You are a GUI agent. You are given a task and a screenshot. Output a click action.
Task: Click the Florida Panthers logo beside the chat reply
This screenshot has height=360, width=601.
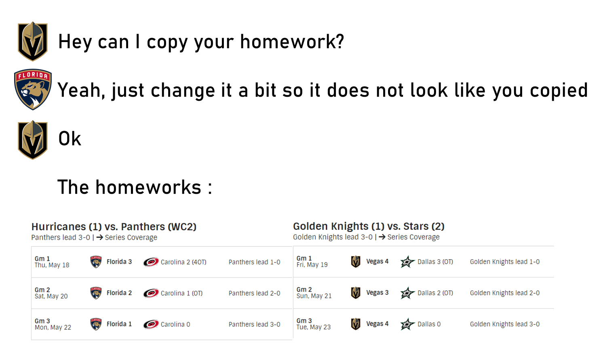(x=33, y=89)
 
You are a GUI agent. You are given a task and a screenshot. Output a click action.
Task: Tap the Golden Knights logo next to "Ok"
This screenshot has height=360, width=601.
(x=33, y=140)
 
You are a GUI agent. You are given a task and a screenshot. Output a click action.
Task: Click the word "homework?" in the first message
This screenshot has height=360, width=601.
(x=292, y=42)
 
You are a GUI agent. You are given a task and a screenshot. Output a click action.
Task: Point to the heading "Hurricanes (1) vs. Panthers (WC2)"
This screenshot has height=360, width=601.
(x=114, y=227)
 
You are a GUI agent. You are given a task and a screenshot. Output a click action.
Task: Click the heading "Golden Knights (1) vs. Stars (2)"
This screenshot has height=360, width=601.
(x=369, y=226)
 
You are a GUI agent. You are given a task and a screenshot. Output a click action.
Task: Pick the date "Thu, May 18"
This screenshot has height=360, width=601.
(x=52, y=265)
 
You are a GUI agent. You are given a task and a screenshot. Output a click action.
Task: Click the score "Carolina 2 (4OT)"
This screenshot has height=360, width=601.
(x=183, y=262)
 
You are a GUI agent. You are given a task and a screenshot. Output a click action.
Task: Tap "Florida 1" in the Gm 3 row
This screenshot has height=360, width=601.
(x=119, y=324)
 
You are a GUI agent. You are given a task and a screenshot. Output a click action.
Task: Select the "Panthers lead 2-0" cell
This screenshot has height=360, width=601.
(x=254, y=293)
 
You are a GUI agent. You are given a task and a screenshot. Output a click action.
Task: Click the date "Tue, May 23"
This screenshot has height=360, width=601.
(x=313, y=327)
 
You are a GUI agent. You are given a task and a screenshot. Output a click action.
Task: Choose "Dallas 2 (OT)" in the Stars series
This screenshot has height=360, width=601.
(x=435, y=293)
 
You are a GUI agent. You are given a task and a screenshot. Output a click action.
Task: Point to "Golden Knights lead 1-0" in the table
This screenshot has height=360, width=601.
(x=505, y=262)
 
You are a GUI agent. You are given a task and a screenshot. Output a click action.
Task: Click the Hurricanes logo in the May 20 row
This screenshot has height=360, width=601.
(x=151, y=293)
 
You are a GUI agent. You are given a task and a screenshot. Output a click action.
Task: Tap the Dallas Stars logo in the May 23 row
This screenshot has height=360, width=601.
(x=407, y=324)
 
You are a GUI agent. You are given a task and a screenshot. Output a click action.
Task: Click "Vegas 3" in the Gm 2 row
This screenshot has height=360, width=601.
(x=377, y=292)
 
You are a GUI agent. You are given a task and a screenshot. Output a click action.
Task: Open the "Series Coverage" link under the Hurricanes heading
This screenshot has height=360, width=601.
(x=131, y=237)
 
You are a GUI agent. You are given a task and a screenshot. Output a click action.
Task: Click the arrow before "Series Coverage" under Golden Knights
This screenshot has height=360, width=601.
(x=382, y=237)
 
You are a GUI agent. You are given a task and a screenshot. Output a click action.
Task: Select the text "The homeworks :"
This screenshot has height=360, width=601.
(x=135, y=187)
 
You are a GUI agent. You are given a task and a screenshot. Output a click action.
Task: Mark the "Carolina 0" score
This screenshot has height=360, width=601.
(x=175, y=324)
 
